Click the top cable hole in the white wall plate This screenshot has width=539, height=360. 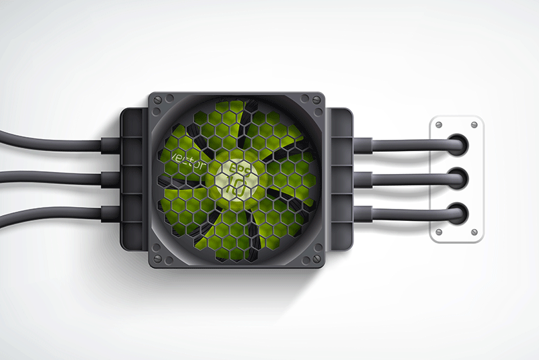457,143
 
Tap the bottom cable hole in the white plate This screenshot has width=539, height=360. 457,213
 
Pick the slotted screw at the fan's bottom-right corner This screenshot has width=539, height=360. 315,257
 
